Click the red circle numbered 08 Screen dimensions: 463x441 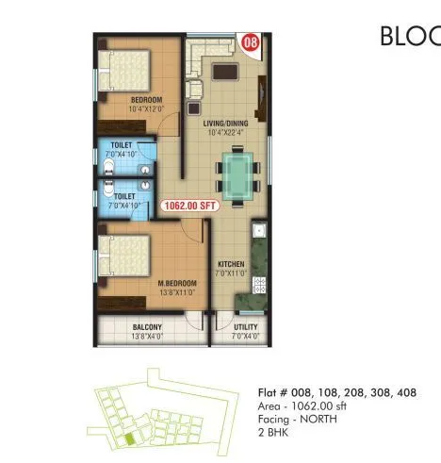(x=250, y=42)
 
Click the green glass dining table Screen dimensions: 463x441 (x=235, y=174)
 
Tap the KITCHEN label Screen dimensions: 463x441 (x=232, y=264)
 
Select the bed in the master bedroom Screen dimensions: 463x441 (x=126, y=255)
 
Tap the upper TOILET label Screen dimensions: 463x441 (x=122, y=146)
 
